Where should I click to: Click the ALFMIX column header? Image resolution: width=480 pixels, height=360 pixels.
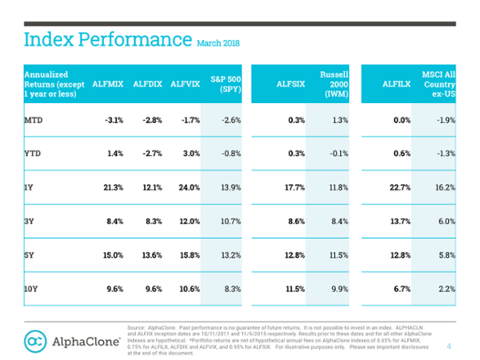tap(108, 83)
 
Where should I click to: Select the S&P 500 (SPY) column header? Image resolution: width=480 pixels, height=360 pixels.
tap(226, 83)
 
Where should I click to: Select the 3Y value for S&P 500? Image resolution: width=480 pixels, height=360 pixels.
tap(229, 220)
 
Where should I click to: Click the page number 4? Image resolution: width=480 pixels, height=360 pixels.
tap(448, 346)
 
